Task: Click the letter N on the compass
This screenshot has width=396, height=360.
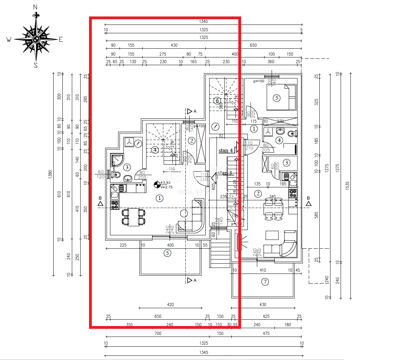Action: point(35,7)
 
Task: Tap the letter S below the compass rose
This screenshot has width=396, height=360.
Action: point(35,65)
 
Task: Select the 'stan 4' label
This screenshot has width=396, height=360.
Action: point(226,151)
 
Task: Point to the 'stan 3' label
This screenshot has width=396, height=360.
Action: point(225,173)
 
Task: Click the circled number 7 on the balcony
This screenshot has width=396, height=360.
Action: point(265,282)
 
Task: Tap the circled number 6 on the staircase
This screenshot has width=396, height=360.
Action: point(217,101)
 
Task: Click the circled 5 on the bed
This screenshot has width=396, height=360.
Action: point(276,98)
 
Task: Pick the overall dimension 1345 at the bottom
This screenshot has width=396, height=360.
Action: point(204,352)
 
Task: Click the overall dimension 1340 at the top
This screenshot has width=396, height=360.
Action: point(203,22)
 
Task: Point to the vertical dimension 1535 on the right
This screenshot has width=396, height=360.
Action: point(347,186)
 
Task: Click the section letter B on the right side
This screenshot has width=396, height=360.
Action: point(308,198)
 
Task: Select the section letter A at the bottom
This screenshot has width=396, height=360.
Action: point(195,281)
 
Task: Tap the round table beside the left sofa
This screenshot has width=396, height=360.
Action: point(183,213)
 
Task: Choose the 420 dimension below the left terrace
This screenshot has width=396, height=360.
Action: point(170,305)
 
